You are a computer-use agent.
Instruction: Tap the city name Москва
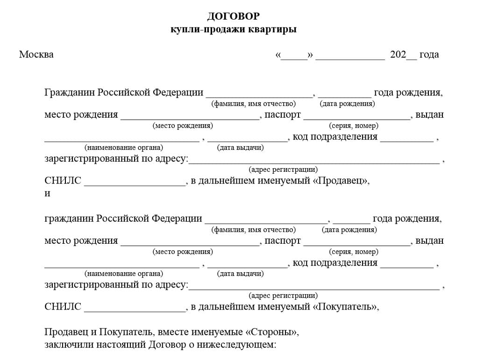point(36,55)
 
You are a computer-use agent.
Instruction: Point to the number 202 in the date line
point(398,55)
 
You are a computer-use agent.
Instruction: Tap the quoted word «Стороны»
point(271,332)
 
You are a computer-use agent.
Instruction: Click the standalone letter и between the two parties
point(47,193)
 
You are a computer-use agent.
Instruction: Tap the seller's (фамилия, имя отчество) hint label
point(254,104)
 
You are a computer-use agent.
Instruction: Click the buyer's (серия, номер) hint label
point(354,252)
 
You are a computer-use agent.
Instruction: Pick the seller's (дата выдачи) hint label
point(240,148)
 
